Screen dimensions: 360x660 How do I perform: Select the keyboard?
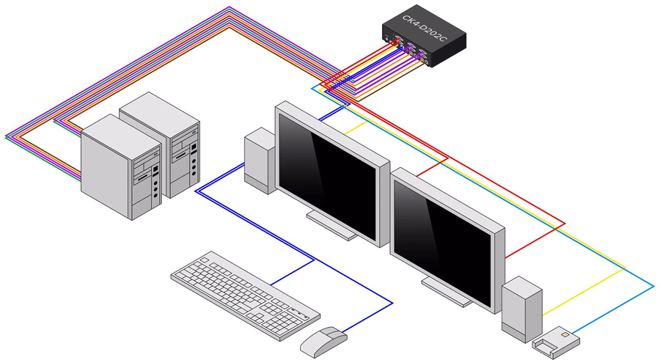click(245, 294)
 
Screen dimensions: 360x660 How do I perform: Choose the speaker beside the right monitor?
click(521, 304)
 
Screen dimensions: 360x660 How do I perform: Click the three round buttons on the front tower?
click(155, 186)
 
